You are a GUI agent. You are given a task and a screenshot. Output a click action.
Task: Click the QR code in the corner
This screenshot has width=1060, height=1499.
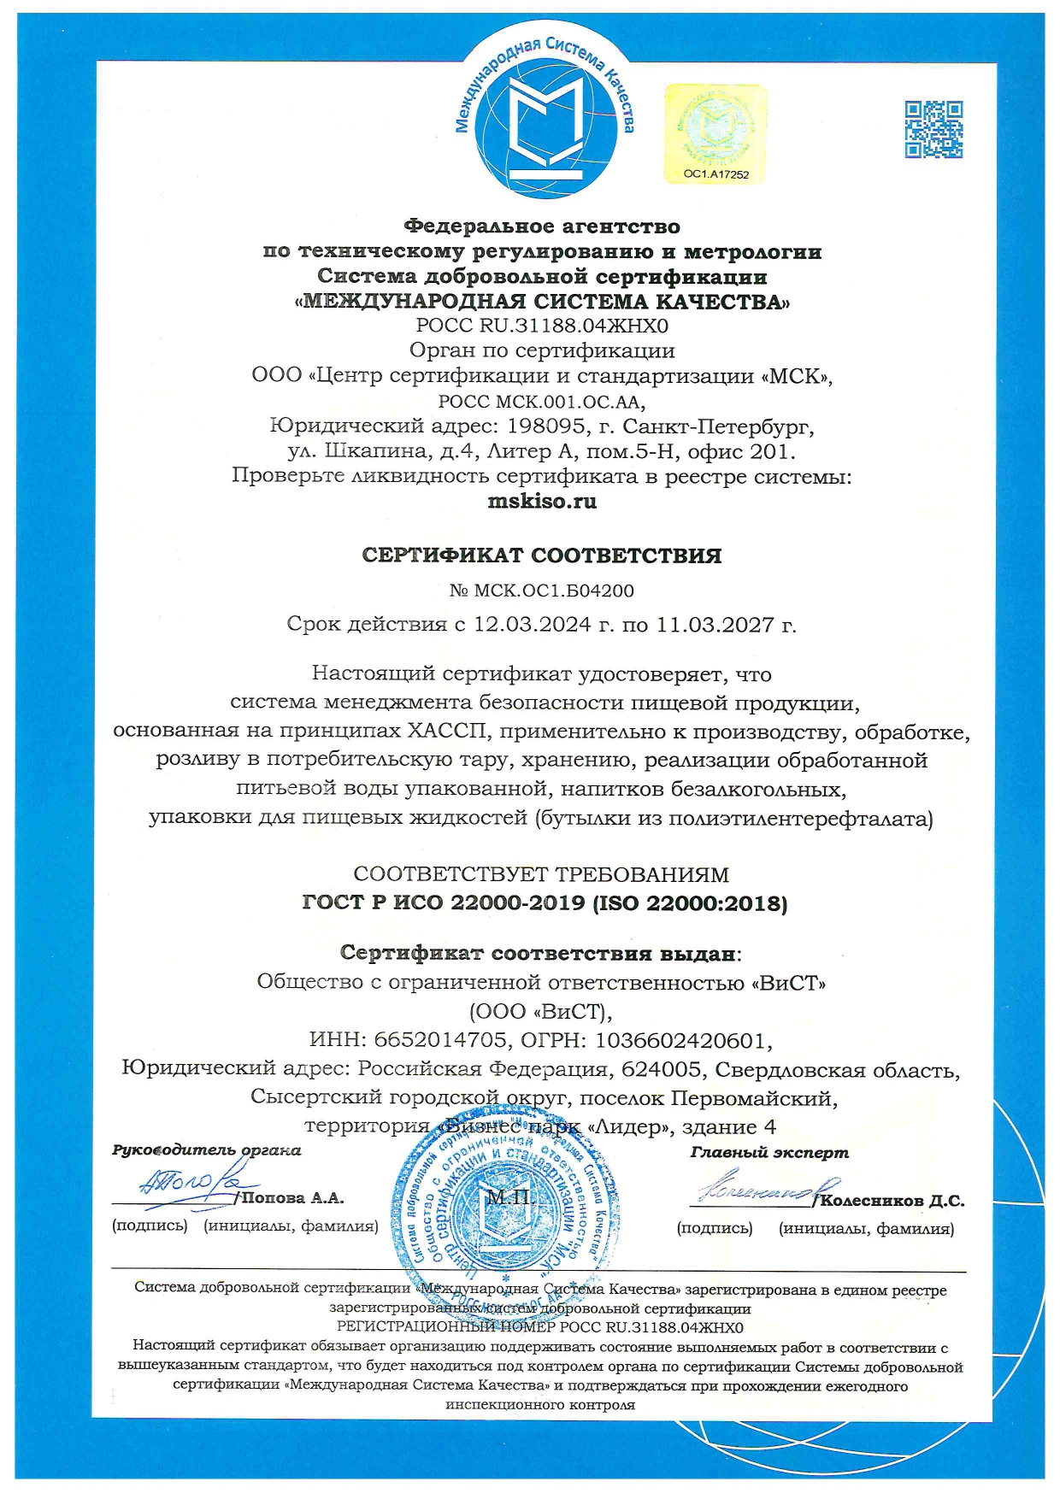(933, 129)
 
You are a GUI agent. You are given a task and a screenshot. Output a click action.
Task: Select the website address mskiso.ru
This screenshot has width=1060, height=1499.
(542, 502)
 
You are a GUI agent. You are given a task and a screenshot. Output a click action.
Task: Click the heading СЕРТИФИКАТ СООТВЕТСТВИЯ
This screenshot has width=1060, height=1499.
(542, 556)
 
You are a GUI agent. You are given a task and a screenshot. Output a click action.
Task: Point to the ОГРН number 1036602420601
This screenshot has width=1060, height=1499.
(679, 1040)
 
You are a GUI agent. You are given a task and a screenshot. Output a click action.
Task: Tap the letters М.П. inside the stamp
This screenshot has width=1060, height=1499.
(509, 1196)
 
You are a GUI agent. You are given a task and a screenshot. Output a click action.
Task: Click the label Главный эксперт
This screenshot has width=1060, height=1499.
(769, 1152)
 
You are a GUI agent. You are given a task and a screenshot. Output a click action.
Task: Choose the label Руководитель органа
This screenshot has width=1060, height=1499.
(207, 1150)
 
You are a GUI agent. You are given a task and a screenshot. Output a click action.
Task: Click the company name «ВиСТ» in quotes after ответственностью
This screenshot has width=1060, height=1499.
(788, 982)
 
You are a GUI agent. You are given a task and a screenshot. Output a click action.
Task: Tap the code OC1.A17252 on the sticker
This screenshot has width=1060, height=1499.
(715, 174)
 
